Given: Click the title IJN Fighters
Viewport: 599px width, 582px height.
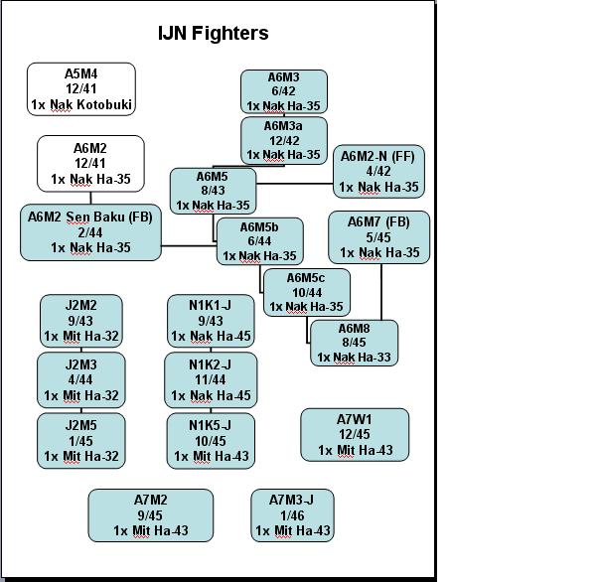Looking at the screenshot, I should (214, 33).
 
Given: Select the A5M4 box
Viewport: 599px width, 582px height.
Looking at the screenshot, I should (81, 89).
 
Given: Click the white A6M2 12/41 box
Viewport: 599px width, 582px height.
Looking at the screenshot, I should (90, 164).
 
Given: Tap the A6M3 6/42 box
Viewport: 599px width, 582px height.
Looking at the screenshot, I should (283, 91).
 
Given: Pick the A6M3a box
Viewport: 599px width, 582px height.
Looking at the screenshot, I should (283, 140).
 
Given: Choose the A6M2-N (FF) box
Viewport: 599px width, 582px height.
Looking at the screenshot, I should (378, 171).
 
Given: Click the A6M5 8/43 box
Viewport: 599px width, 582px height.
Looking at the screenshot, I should (213, 191).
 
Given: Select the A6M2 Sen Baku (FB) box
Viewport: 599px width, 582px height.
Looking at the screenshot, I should (90, 232).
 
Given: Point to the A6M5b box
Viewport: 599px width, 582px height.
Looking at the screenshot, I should (259, 241).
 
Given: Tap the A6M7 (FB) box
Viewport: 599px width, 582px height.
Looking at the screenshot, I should (378, 237).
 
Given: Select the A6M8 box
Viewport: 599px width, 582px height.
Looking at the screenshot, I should (354, 343).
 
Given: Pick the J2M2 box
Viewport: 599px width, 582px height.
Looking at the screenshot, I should (81, 321).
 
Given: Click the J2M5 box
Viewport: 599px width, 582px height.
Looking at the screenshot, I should (81, 441).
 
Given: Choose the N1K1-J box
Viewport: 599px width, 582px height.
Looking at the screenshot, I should (211, 321).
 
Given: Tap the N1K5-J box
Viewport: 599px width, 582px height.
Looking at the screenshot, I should (211, 441).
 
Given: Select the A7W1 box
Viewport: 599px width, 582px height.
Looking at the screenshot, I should (355, 435).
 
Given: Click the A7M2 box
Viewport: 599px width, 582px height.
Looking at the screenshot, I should (151, 515).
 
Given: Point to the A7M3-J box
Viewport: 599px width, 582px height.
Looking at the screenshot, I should (293, 515).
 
